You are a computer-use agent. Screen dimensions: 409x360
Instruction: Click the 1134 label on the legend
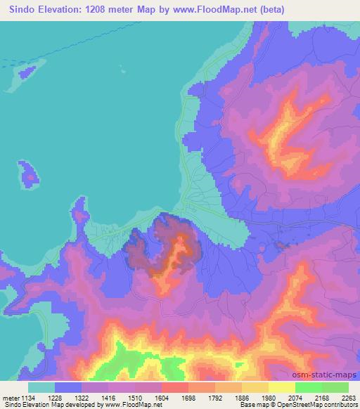[x=27, y=397]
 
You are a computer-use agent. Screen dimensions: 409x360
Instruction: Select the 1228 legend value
[x=66, y=397]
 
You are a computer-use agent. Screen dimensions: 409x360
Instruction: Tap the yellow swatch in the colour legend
[x=281, y=387]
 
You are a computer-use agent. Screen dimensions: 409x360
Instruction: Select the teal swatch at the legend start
[x=41, y=387]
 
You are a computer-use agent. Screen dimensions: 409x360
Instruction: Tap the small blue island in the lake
[x=29, y=173]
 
